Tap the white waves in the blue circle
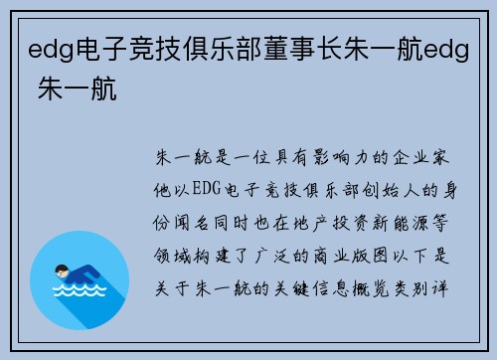[81, 293]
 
